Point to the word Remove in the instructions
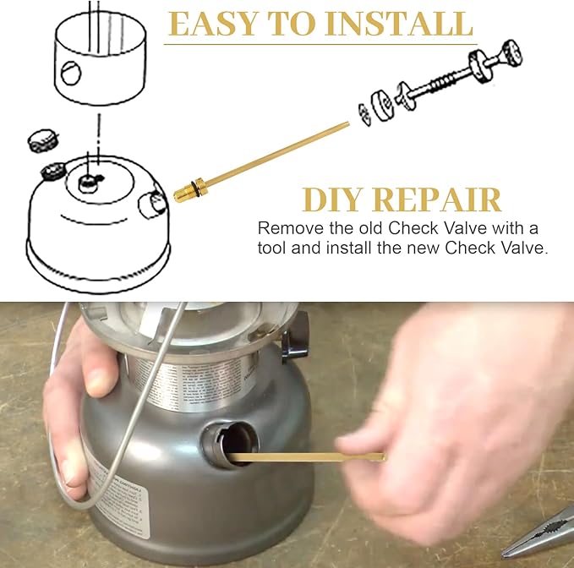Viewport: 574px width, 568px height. pyautogui.click(x=286, y=228)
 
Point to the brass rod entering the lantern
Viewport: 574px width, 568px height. pyautogui.click(x=304, y=457)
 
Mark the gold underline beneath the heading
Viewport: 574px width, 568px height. pyautogui.click(x=320, y=43)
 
